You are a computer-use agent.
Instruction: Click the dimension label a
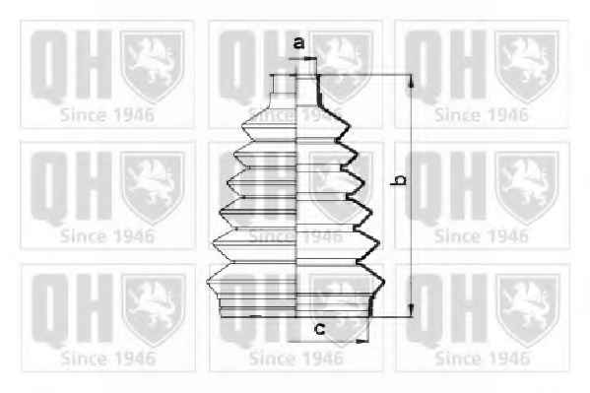point(298,43)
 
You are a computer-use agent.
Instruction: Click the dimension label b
point(400,179)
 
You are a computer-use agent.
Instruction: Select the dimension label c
point(319,329)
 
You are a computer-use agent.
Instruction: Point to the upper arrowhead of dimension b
point(411,81)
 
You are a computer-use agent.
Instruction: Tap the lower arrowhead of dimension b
point(411,310)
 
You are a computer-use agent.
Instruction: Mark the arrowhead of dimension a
point(310,58)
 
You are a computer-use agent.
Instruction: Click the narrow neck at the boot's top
point(295,89)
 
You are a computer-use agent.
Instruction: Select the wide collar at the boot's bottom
point(295,305)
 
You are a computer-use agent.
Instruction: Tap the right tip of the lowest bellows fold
point(384,281)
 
